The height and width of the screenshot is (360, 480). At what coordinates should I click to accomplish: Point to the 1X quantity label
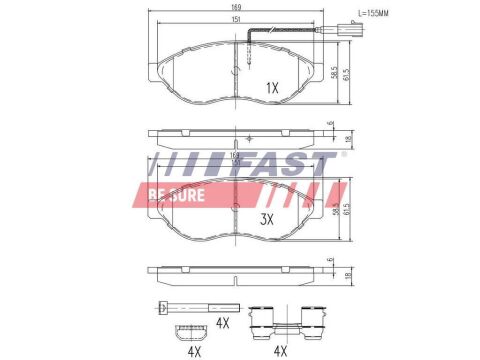click(x=271, y=88)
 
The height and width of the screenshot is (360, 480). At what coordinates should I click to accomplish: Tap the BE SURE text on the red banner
click(x=177, y=194)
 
